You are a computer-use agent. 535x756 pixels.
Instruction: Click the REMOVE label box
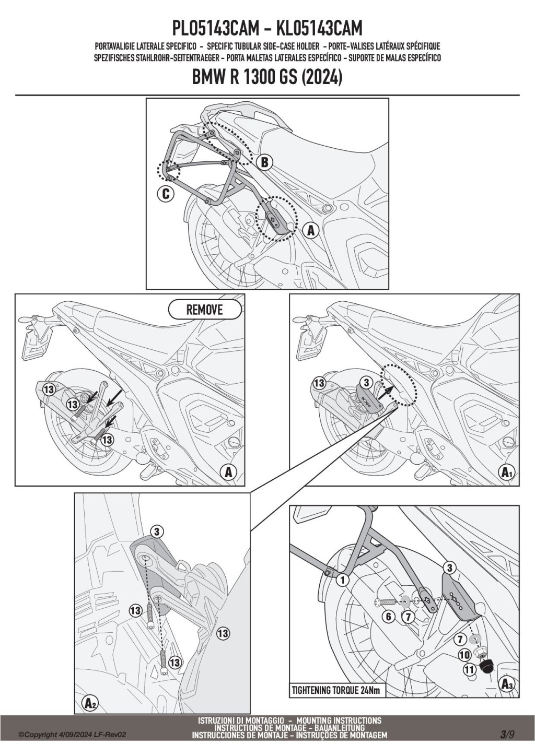coord(205,310)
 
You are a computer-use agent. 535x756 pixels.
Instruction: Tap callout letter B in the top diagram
coord(264,162)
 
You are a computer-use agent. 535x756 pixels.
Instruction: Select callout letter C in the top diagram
coord(165,194)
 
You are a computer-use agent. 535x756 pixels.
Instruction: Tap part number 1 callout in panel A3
coord(343,579)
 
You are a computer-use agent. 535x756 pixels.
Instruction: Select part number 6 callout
coord(388,617)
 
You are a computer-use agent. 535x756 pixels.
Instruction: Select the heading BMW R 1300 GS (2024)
coord(267,78)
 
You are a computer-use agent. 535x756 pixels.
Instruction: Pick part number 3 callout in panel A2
coord(157,532)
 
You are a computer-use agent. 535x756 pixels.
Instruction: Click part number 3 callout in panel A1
coord(366,383)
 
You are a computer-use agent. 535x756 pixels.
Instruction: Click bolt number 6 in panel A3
coord(387,602)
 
